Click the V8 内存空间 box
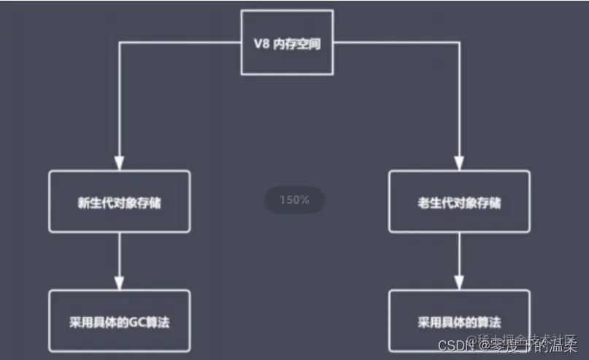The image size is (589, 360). pos(287,42)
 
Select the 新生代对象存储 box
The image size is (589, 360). pos(119,202)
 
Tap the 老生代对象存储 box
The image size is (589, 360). pos(459,202)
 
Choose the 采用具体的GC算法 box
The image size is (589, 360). pos(119,321)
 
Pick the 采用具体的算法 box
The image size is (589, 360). pos(459,321)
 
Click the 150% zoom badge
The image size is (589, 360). pos(293,200)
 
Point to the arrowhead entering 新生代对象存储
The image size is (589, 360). pos(119,163)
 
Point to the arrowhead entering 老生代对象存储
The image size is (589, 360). pos(459,163)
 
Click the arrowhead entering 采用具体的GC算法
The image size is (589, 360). pos(119,282)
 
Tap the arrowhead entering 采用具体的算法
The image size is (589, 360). pos(459,282)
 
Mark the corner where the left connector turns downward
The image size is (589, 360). pos(119,42)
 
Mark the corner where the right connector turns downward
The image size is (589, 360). pos(459,42)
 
